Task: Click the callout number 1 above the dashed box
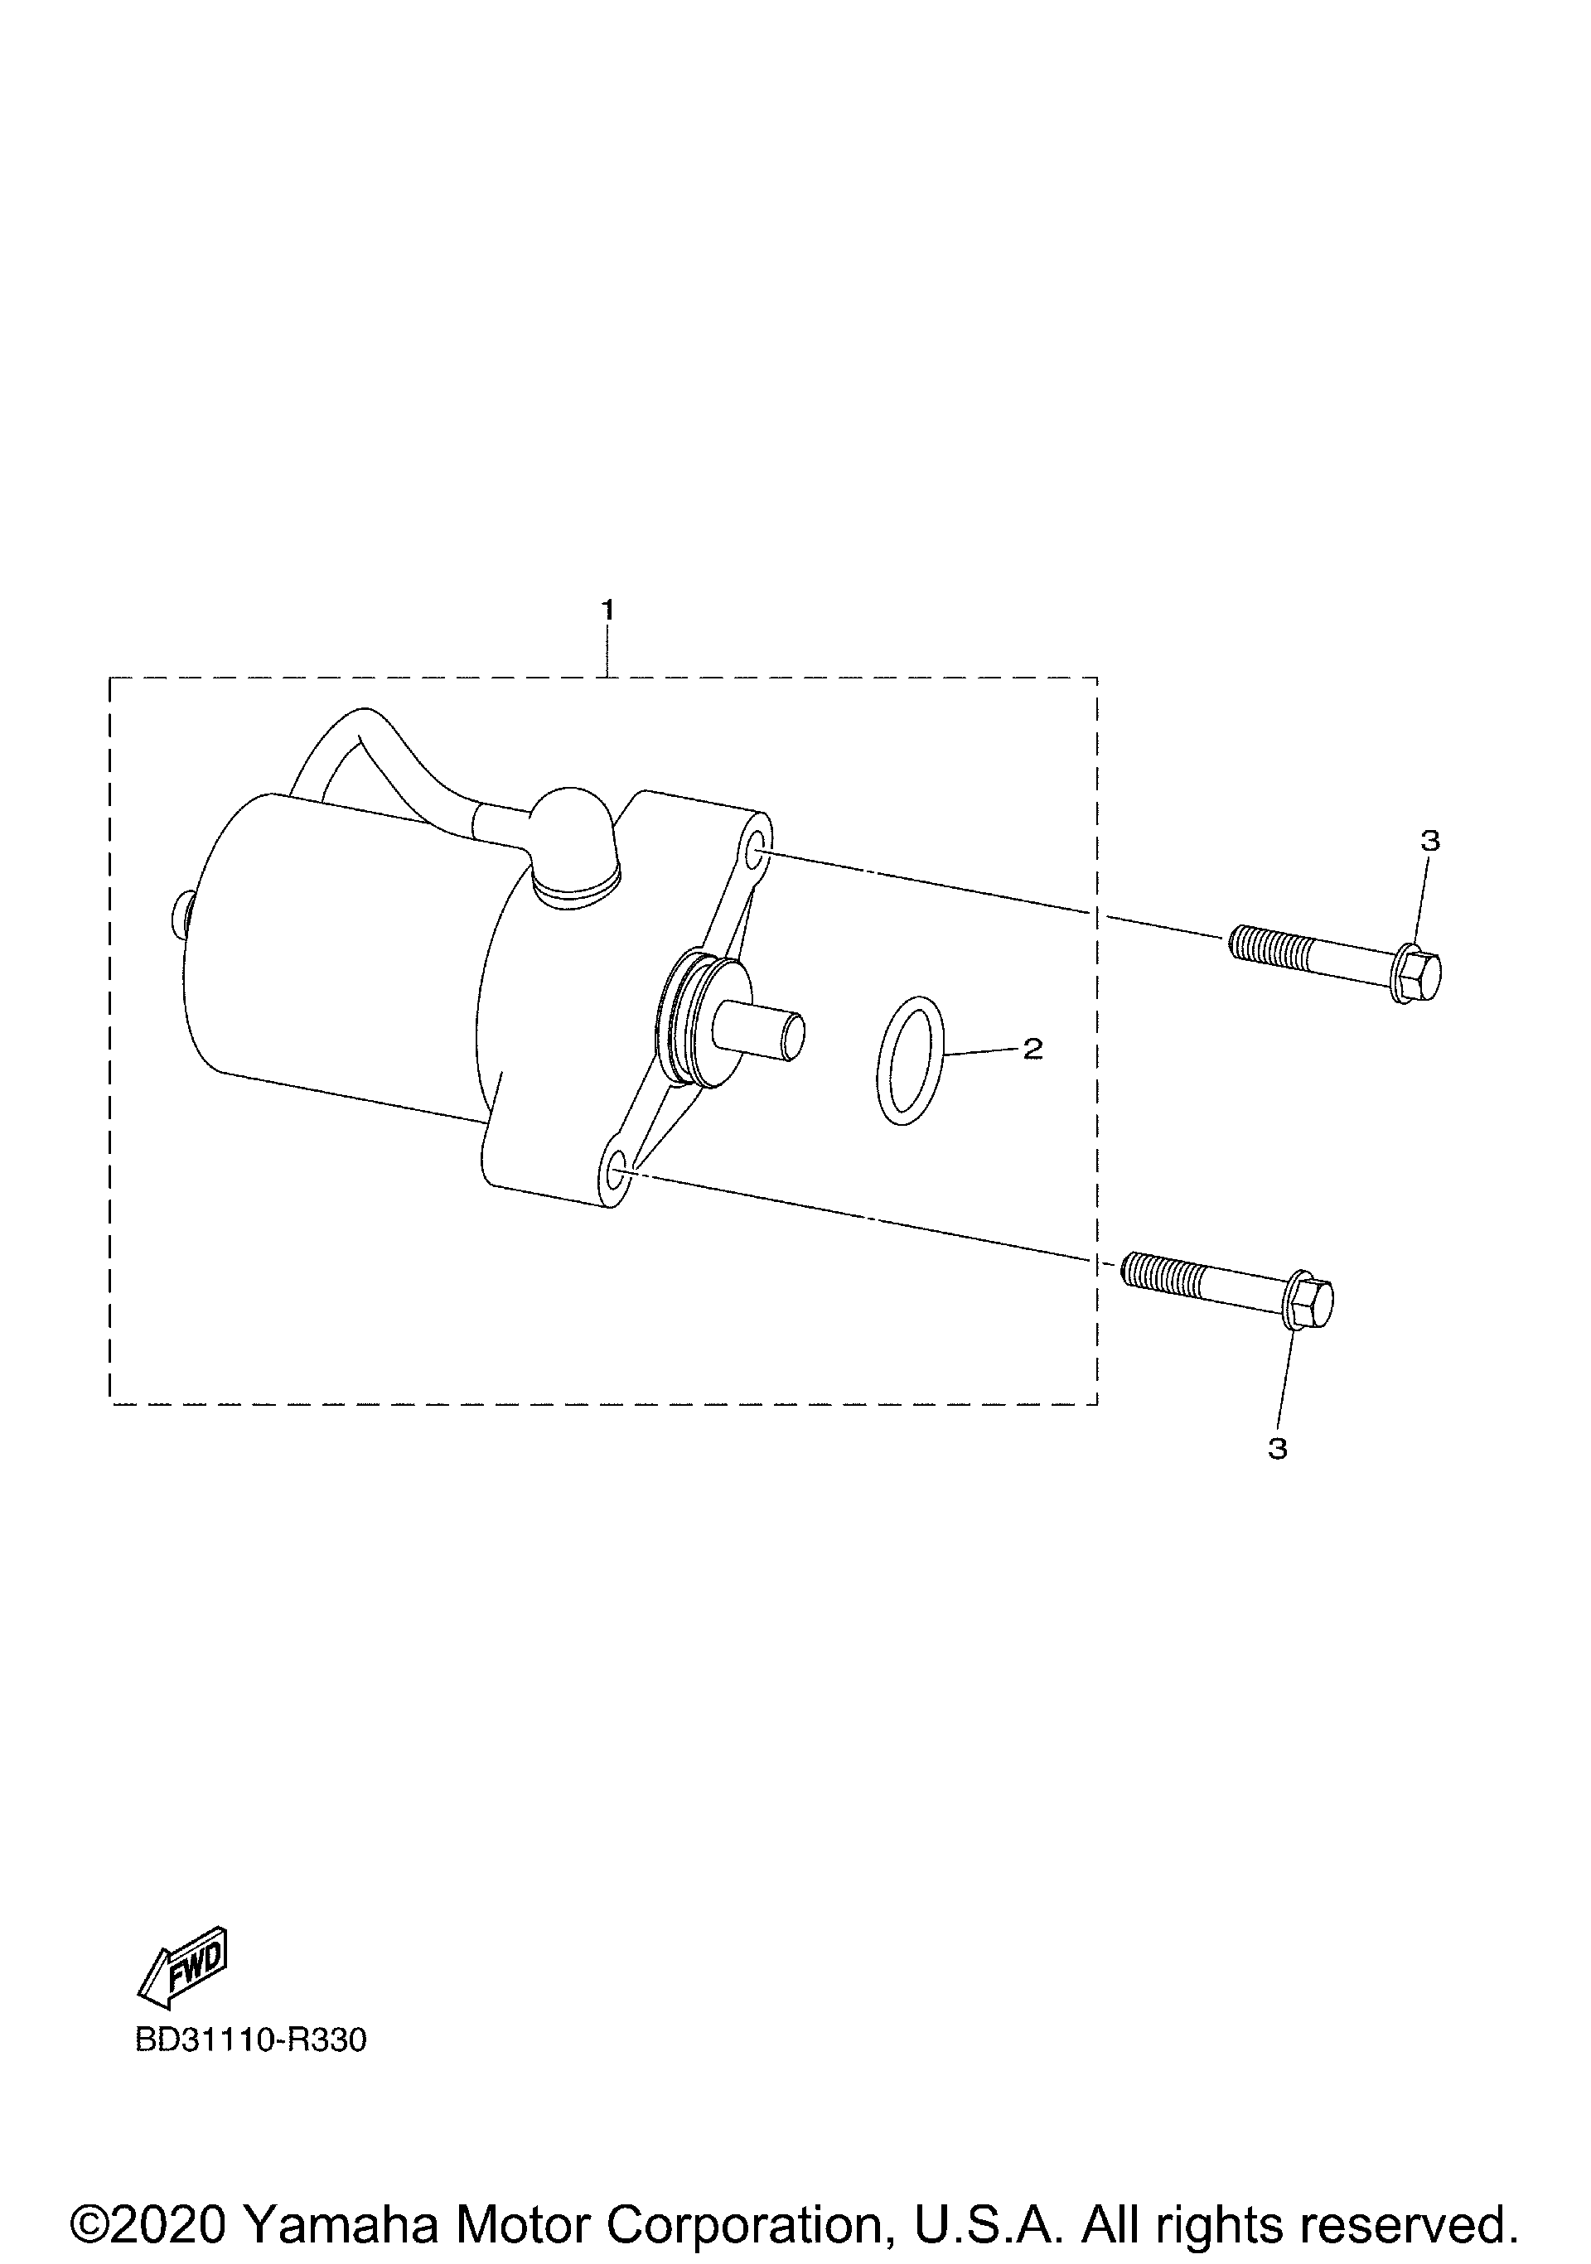tap(608, 611)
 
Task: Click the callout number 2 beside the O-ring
tap(1032, 1050)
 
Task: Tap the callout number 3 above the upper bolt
tap(1430, 841)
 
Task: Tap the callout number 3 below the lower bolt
tap(1277, 1450)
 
